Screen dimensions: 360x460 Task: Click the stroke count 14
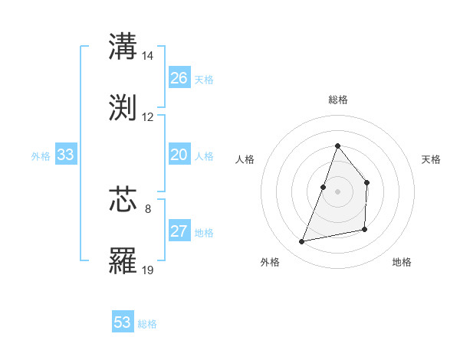tap(148, 56)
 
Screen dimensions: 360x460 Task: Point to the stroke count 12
tap(148, 117)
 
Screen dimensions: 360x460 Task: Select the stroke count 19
tap(148, 270)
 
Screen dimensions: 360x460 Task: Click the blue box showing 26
tap(179, 78)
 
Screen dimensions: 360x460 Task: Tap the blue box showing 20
tap(179, 155)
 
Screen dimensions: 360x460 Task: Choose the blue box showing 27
tap(179, 231)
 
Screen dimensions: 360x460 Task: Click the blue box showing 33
tap(66, 155)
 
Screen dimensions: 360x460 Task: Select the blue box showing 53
tap(123, 322)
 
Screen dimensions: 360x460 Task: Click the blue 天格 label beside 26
tap(204, 80)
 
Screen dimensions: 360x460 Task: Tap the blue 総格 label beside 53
tap(147, 324)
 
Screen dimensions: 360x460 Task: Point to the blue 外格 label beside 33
tap(41, 156)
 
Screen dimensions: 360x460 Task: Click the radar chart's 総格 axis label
tap(338, 100)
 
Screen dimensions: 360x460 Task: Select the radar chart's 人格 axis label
tap(245, 159)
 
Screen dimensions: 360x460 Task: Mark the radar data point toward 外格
tap(302, 242)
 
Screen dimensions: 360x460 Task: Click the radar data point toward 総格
tap(337, 146)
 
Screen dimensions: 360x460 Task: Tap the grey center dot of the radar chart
tap(337, 191)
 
